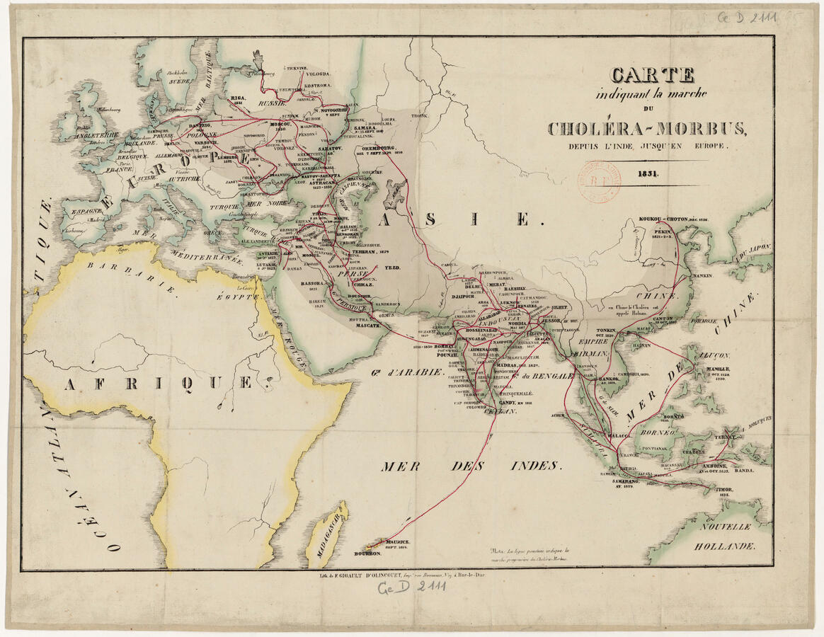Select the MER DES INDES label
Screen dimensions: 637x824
pyautogui.click(x=471, y=466)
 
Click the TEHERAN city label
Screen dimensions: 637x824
pyautogui.click(x=379, y=251)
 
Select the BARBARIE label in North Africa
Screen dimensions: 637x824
pyautogui.click(x=132, y=276)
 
